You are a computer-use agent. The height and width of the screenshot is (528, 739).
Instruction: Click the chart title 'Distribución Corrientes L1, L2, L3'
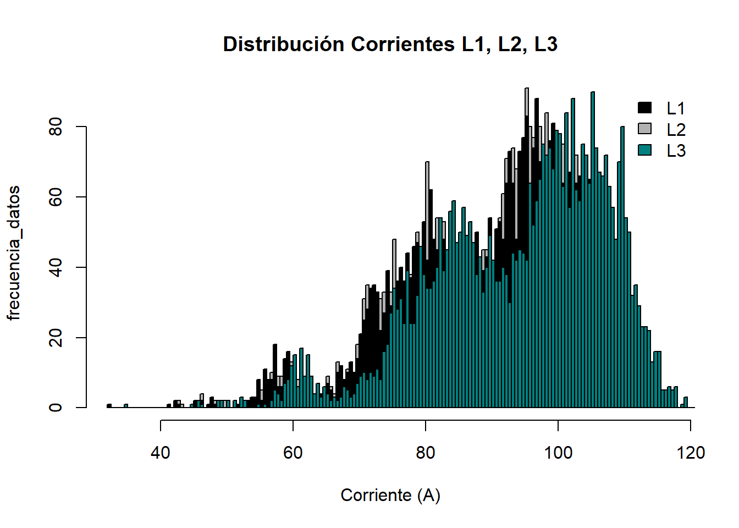click(390, 45)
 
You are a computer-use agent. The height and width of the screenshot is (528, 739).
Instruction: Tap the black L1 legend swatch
click(644, 108)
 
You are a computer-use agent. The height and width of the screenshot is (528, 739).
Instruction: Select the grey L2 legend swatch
click(644, 129)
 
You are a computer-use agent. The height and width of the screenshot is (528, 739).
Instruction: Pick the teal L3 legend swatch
click(644, 150)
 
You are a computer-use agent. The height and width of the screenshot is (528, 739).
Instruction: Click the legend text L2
click(676, 130)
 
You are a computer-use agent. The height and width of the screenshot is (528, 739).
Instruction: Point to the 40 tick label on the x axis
click(161, 453)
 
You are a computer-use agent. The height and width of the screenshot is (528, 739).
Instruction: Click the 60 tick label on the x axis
click(293, 453)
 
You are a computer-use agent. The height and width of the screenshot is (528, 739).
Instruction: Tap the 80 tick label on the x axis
click(426, 453)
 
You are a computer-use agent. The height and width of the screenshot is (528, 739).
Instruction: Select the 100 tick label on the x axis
click(558, 453)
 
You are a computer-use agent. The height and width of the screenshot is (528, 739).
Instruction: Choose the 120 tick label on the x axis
click(691, 453)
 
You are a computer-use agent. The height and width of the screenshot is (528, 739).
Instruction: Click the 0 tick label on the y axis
click(56, 408)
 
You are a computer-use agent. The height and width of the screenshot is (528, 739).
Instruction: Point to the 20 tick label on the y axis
click(56, 337)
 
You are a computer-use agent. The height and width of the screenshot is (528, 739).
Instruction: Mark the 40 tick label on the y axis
click(56, 267)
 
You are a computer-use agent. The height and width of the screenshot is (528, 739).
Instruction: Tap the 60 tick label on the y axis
click(56, 197)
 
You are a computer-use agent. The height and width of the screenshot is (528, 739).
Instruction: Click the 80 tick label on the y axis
click(56, 127)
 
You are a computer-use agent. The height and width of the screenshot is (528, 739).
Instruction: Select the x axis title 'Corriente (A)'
click(390, 495)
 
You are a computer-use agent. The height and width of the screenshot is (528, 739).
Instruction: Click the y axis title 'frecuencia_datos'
click(13, 253)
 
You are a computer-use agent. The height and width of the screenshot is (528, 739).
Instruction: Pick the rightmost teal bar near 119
click(686, 402)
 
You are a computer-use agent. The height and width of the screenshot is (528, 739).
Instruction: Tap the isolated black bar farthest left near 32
click(109, 406)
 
